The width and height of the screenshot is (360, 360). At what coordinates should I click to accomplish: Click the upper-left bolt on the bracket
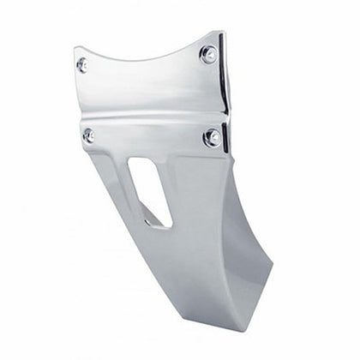[82, 64]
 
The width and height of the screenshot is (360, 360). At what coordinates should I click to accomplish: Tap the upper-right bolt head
[208, 54]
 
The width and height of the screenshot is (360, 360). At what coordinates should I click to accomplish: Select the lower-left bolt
[89, 135]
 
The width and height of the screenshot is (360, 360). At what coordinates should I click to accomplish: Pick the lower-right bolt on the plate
[212, 137]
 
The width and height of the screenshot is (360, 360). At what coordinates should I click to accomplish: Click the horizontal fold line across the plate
[150, 120]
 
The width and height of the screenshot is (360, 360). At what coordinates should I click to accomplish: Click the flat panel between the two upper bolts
[146, 86]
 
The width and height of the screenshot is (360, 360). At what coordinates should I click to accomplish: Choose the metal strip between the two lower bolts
[150, 137]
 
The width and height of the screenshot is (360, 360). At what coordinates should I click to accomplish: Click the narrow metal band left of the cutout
[116, 184]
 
